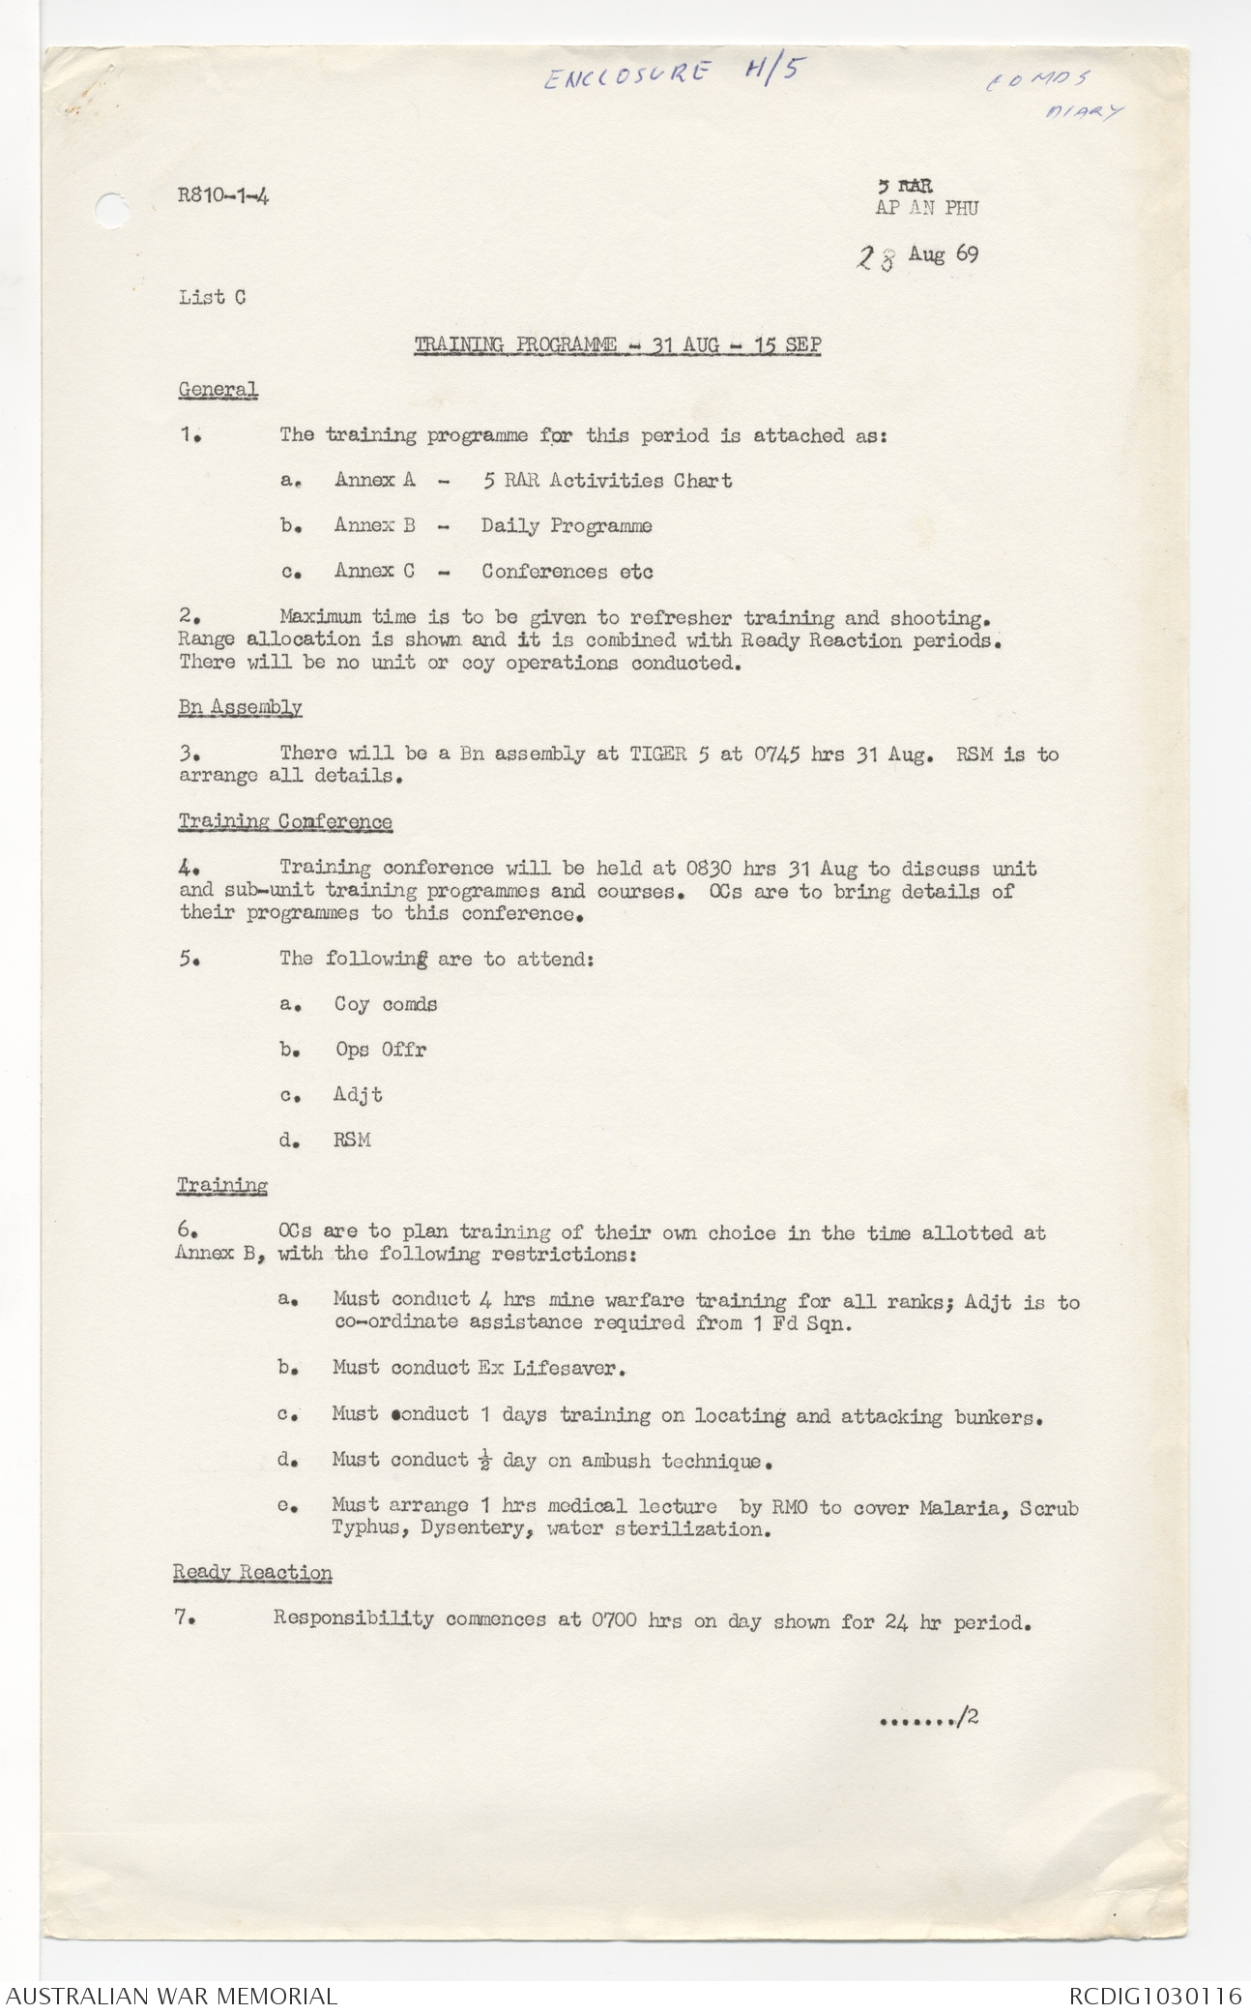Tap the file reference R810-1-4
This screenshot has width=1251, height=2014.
pos(223,196)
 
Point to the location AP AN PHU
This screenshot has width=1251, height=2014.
pos(926,208)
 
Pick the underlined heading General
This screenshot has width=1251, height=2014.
pos(218,390)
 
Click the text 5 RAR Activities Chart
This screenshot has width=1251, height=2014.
pos(606,481)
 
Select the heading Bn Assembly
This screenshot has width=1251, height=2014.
pos(240,707)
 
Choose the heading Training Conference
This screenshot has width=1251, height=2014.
pos(285,822)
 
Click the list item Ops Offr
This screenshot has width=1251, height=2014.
pos(381,1050)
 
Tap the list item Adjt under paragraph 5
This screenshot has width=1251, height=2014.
pos(358,1095)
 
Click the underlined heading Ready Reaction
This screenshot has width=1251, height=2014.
pos(252,1573)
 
